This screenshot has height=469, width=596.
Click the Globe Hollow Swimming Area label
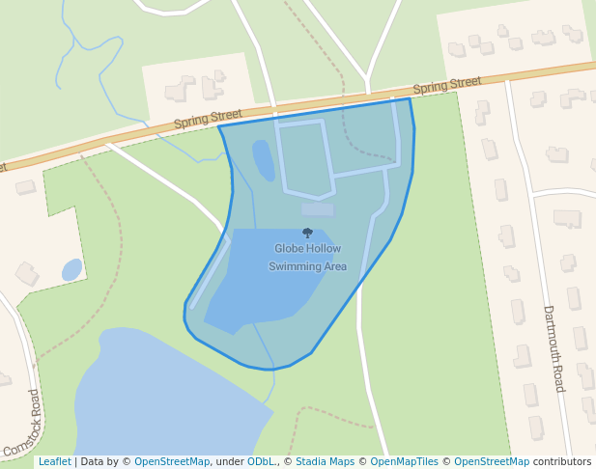pyautogui.click(x=307, y=258)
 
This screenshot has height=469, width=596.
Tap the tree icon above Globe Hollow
pyautogui.click(x=307, y=233)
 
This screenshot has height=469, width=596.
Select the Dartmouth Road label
pyautogui.click(x=553, y=348)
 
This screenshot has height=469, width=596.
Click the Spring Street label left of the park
pyautogui.click(x=208, y=120)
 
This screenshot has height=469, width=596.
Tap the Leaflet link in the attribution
pyautogui.click(x=54, y=462)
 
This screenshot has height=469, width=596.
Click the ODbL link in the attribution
pyautogui.click(x=260, y=462)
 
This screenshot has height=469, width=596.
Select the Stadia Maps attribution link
pyautogui.click(x=325, y=462)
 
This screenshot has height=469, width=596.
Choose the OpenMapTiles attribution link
pyautogui.click(x=401, y=462)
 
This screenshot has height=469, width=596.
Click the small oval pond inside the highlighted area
pyautogui.click(x=262, y=159)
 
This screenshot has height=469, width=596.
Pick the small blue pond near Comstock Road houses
pyautogui.click(x=71, y=269)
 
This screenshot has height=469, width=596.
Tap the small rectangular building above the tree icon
pyautogui.click(x=317, y=208)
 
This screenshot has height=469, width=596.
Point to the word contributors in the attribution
pyautogui.click(x=562, y=462)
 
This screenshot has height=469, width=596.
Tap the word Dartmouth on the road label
pyautogui.click(x=550, y=334)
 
